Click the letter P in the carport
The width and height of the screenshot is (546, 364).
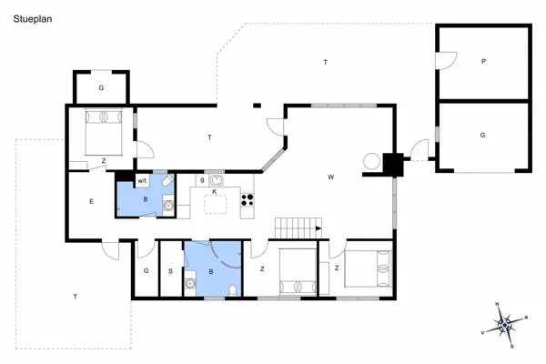pyautogui.click(x=483, y=62)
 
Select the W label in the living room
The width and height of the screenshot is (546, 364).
pyautogui.click(x=333, y=177)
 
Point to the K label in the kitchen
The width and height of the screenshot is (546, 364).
pyautogui.click(x=214, y=192)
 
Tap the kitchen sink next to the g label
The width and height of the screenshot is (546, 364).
pyautogui.click(x=217, y=180)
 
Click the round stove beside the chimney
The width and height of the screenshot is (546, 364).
pyautogui.click(x=372, y=161)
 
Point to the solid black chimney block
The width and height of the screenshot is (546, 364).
pyautogui.click(x=393, y=165)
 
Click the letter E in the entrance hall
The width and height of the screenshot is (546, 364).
pyautogui.click(x=91, y=201)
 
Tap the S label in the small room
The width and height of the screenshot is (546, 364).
pyautogui.click(x=170, y=270)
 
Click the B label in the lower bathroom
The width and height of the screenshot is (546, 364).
pyautogui.click(x=211, y=270)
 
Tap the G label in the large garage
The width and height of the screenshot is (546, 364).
pyautogui.click(x=483, y=134)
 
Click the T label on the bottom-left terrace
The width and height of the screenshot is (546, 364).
pyautogui.click(x=76, y=297)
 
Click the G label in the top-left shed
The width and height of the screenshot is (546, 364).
pyautogui.click(x=101, y=87)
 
